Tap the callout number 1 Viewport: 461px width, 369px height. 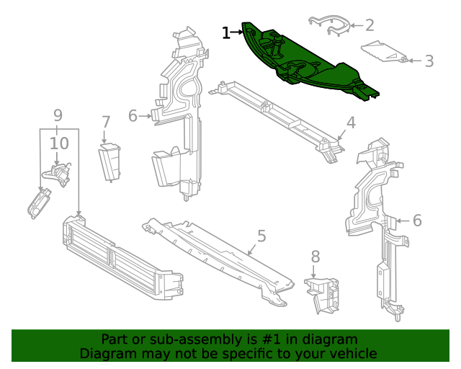point(226,32)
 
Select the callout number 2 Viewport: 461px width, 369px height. point(370,25)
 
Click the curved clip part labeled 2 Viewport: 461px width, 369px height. point(329,25)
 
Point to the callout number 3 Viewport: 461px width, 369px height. point(429,61)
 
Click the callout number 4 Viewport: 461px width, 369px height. point(351,123)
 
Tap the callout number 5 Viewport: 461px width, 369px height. point(261,236)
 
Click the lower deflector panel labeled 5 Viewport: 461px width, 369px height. point(216,256)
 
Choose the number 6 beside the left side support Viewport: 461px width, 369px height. point(133,115)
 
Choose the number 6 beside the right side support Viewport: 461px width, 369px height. point(417,221)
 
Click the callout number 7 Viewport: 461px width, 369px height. point(106,123)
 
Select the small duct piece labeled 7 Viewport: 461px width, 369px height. point(110,162)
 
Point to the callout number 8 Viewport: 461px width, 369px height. point(315,257)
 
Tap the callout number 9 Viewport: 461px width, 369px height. point(58,115)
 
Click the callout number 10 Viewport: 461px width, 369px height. point(59,144)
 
